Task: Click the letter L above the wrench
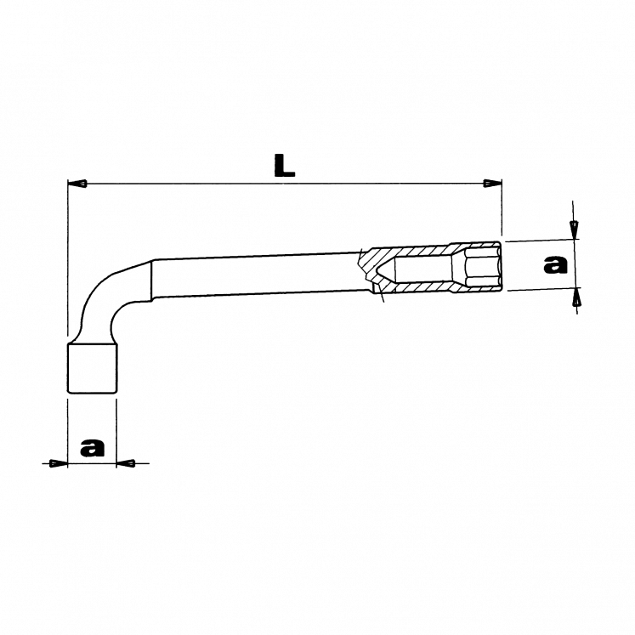285,166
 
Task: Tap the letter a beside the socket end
555,264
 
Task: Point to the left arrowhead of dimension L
77,184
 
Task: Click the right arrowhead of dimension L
491,183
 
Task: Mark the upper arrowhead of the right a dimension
575,227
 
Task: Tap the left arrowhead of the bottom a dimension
58,463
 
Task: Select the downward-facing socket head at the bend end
92,368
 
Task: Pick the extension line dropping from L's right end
502,208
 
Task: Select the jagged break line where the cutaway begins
367,272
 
